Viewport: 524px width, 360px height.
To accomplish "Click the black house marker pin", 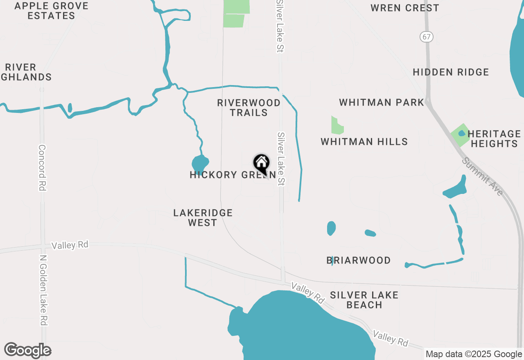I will [261, 164].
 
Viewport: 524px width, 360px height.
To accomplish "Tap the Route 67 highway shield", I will [426, 37].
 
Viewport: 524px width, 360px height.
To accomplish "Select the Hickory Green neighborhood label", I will [232, 175].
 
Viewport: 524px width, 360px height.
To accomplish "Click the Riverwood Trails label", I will [248, 108].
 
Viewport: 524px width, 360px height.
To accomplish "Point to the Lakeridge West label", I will [203, 218].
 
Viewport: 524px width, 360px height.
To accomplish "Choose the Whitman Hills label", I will [364, 142].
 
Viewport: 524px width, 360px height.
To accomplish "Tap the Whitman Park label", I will [381, 102].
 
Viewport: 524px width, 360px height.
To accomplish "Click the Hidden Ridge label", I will [451, 72].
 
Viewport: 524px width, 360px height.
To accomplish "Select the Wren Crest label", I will [404, 8].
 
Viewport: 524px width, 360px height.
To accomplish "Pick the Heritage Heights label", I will [494, 139].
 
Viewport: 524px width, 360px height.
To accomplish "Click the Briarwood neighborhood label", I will [358, 260].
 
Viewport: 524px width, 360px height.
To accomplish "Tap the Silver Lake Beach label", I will [364, 300].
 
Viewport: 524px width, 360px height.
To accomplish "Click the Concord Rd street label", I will [42, 167].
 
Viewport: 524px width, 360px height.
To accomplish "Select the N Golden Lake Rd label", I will [43, 290].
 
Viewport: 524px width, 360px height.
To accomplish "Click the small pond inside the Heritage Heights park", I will [462, 133].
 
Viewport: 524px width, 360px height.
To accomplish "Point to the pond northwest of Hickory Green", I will [200, 164].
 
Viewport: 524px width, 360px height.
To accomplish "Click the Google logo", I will [28, 350].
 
